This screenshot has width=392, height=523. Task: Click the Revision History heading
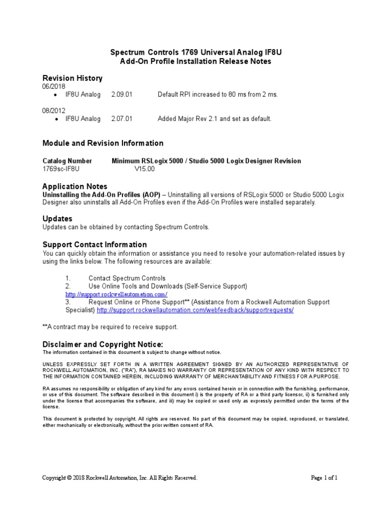coord(72,78)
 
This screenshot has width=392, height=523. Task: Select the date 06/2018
coord(54,86)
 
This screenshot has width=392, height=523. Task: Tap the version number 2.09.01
coord(121,94)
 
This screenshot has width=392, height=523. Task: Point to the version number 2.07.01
coord(121,118)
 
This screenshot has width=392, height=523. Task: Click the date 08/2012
coord(54,110)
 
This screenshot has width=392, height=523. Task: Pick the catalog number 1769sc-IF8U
coord(61,169)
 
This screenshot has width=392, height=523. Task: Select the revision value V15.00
coord(144,169)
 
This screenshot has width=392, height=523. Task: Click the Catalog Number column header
coord(67,161)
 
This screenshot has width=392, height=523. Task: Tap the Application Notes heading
coord(75,186)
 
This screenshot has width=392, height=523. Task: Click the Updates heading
coord(57,219)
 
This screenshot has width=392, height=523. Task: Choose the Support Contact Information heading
coord(94,244)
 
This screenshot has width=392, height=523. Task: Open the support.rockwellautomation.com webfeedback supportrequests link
coord(195,310)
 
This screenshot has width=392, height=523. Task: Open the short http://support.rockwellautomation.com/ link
coord(116,295)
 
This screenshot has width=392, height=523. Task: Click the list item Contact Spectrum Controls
coord(127,278)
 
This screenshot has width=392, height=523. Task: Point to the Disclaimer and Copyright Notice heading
coord(103,344)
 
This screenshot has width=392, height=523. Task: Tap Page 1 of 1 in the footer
coord(325,478)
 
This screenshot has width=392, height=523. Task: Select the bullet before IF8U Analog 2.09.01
coord(55,95)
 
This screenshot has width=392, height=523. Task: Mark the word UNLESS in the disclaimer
coord(52,363)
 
